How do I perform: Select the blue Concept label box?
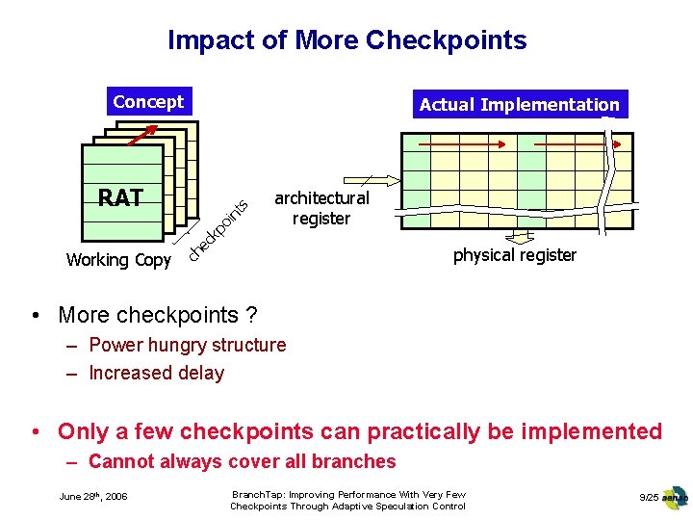coord(148,101)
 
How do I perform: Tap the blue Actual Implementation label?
coord(520,105)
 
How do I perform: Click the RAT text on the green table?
coord(120,198)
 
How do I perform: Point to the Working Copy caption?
coord(118,260)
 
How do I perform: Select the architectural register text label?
coord(321,208)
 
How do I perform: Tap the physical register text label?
coord(515,255)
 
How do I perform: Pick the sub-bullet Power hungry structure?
coord(187,345)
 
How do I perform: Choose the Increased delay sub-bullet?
coord(156,373)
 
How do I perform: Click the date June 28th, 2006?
coord(93,497)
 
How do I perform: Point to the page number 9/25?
coord(648,497)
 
